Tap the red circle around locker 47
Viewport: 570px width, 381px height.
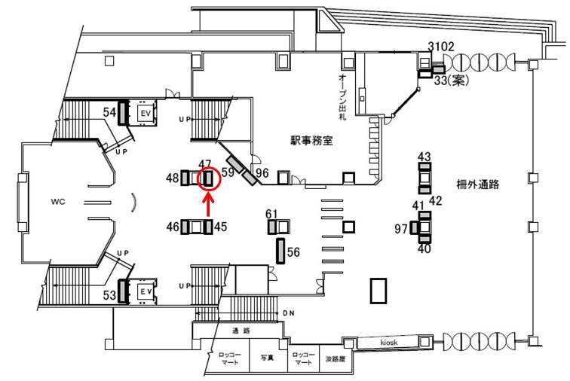(x=208, y=178)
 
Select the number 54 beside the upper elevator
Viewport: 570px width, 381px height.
(x=110, y=112)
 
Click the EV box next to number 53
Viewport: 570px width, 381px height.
(x=146, y=291)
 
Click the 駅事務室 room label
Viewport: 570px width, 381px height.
(x=312, y=140)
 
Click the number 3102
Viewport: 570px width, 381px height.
(x=441, y=47)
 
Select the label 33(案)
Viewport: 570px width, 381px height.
(x=452, y=81)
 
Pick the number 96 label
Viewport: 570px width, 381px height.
(x=262, y=173)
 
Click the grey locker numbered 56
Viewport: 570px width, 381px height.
(x=280, y=250)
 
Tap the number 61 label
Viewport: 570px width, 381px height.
(x=272, y=213)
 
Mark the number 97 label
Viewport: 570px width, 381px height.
(x=401, y=228)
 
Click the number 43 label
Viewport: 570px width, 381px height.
(x=424, y=157)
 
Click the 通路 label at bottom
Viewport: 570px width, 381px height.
(x=241, y=331)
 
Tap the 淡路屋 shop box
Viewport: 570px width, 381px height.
(x=335, y=360)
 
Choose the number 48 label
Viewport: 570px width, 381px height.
(x=173, y=178)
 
